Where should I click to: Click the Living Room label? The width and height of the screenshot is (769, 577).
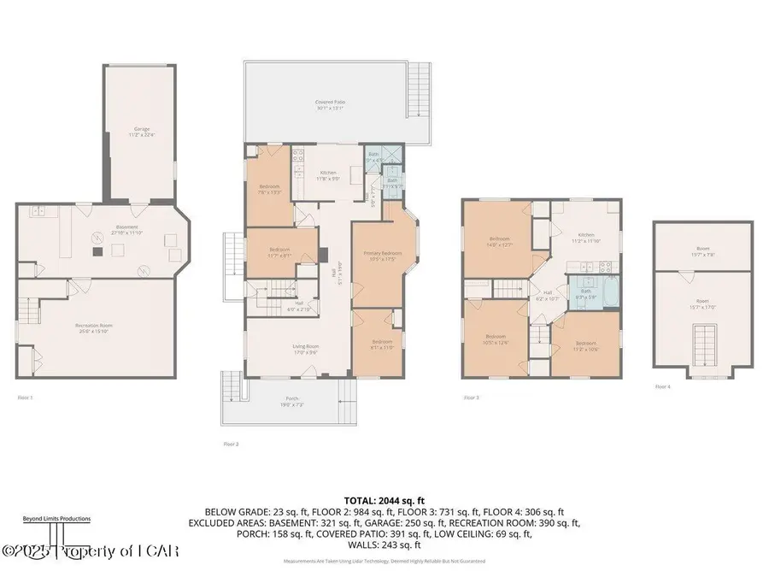[x=300, y=348]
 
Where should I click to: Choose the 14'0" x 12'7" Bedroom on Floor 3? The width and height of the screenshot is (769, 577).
[x=499, y=241]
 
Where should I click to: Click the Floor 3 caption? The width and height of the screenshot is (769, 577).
[x=472, y=397]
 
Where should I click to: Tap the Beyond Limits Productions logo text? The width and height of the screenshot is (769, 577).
[x=56, y=518]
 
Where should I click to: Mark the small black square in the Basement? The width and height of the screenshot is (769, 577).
[x=97, y=251]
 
